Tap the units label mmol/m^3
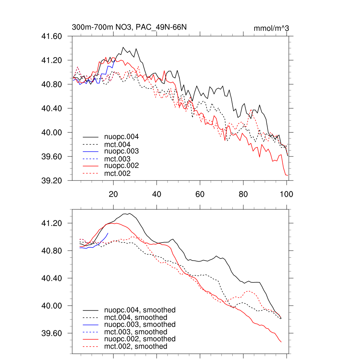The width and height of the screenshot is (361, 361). (x=271, y=28)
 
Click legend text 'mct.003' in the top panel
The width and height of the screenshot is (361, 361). (x=117, y=159)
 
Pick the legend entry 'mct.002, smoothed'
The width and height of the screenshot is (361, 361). (x=135, y=347)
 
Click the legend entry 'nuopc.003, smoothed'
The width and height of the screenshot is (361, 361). (x=140, y=324)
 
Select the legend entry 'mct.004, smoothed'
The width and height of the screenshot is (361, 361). (x=135, y=317)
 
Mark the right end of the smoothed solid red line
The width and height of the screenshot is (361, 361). (x=281, y=342)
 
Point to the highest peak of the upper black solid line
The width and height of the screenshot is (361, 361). (x=123, y=47)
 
